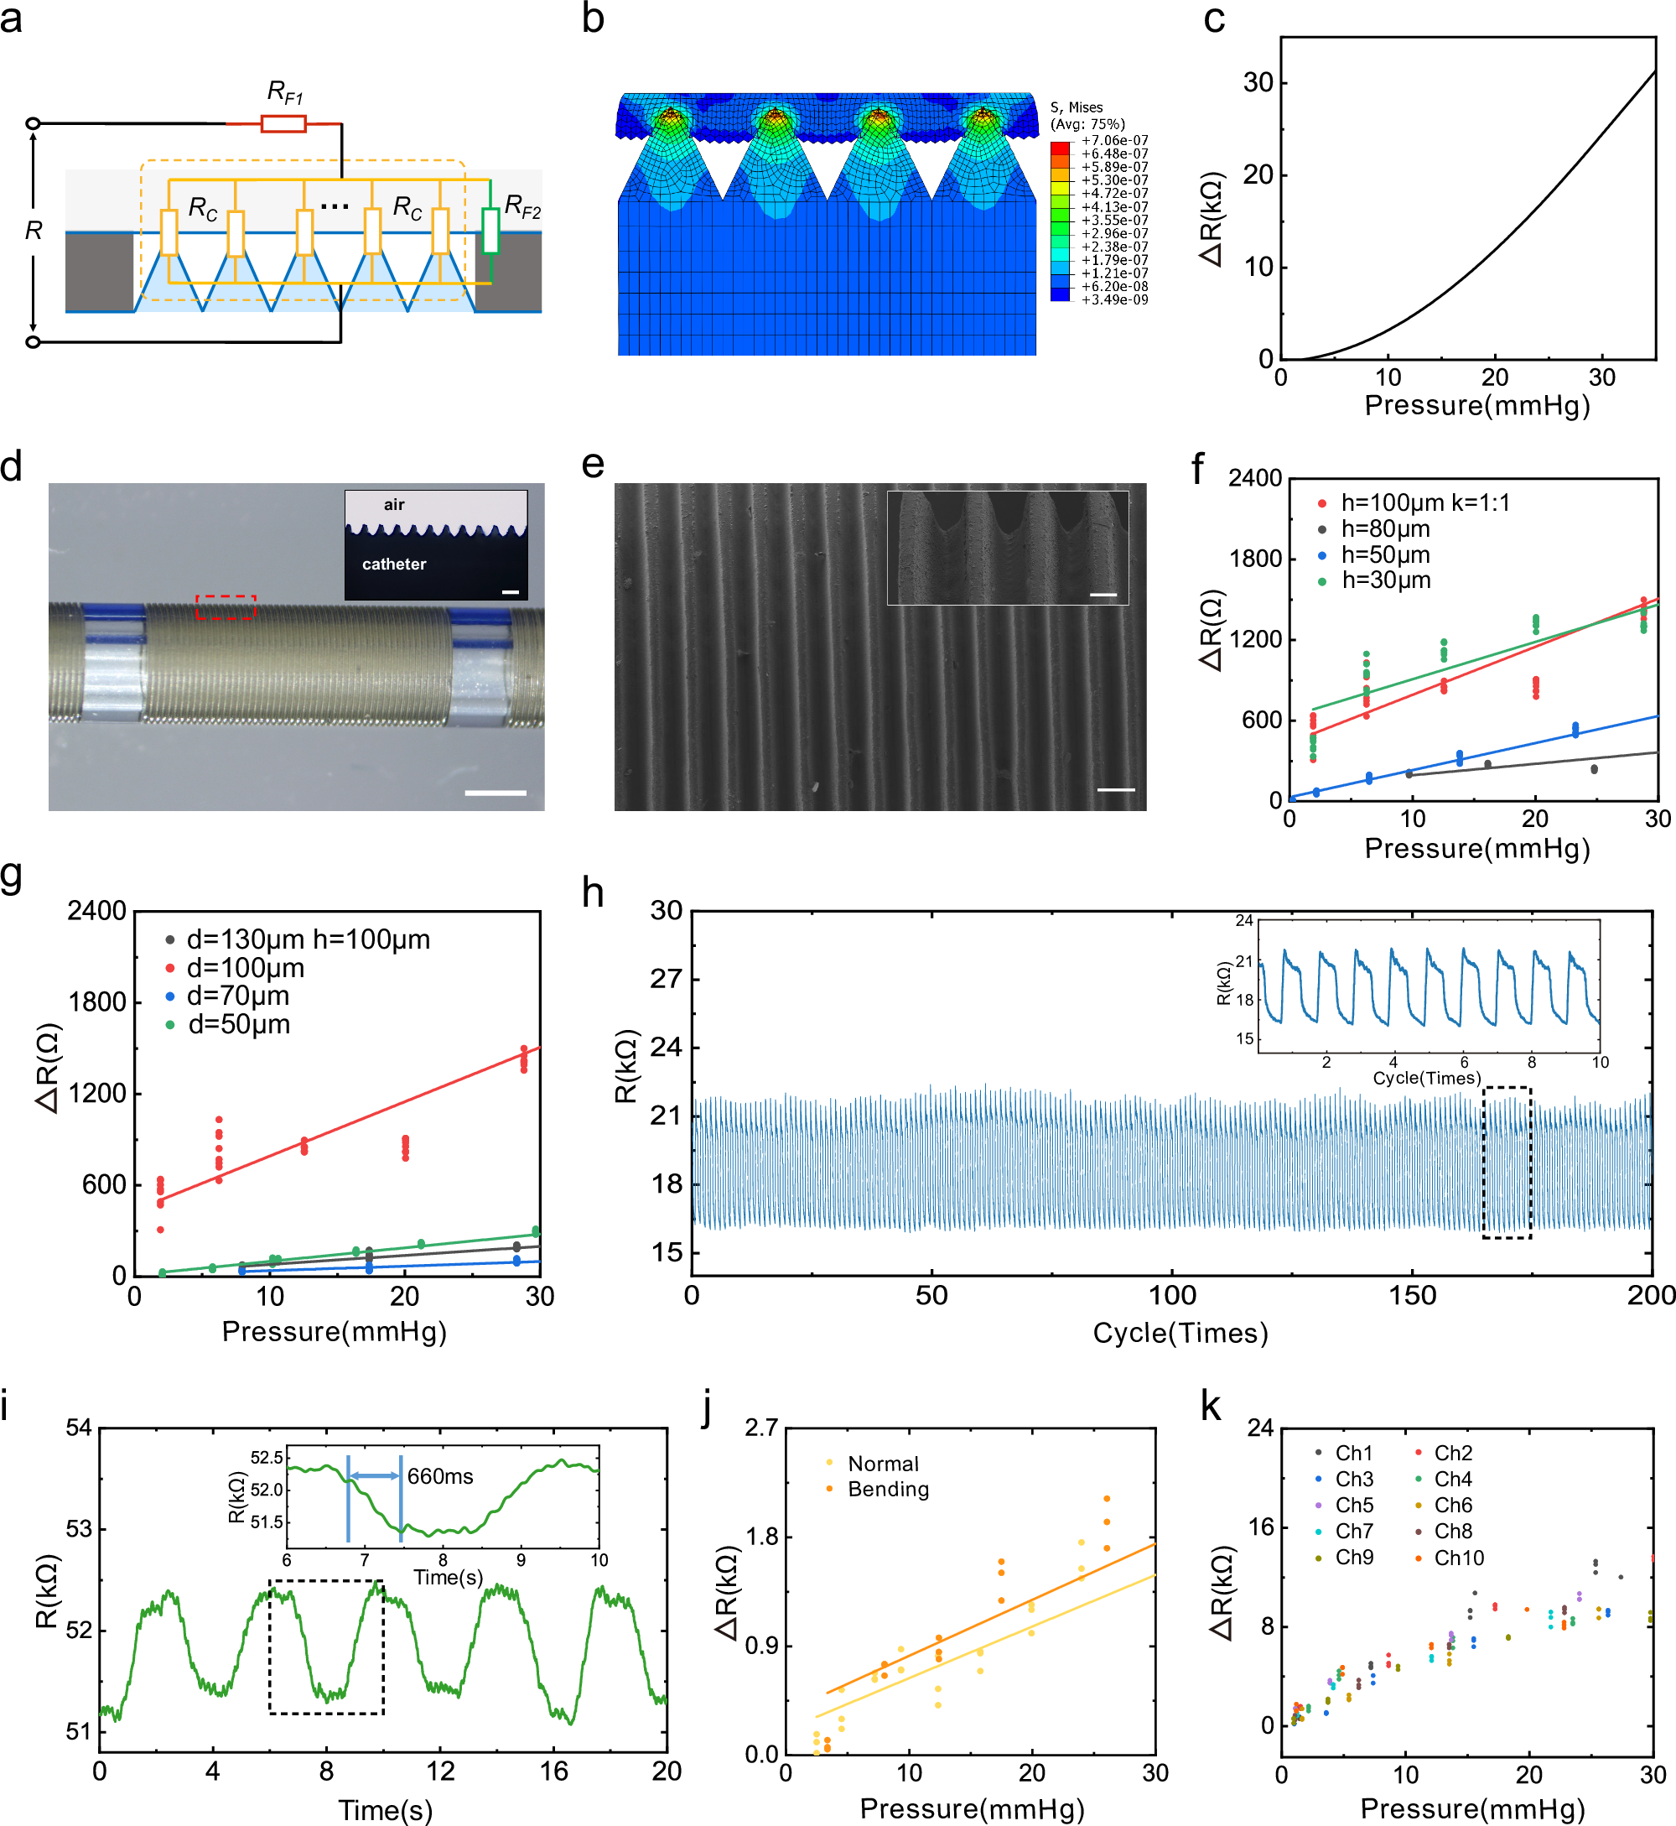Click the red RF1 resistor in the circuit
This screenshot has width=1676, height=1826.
coord(283,123)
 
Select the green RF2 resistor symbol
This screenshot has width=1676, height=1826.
coord(490,231)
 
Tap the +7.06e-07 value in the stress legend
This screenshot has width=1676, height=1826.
coord(1114,141)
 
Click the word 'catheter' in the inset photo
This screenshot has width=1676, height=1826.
coord(393,564)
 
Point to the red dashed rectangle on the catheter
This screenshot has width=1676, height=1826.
coord(226,607)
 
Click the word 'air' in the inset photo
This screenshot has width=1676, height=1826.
coord(393,505)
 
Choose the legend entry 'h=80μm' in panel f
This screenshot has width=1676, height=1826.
coord(1385,528)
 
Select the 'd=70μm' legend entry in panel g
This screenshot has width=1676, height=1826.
coord(237,996)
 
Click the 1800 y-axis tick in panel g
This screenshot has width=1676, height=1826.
coord(97,1002)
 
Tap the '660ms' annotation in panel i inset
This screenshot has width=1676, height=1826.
coord(440,1477)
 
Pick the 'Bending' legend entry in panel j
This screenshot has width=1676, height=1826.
coord(888,1490)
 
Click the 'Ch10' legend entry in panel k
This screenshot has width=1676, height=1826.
coord(1458,1558)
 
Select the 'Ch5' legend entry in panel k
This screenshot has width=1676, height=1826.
coord(1354,1506)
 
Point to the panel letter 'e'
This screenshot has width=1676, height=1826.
coord(592,465)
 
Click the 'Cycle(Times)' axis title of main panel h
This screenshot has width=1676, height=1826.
coord(1180,1334)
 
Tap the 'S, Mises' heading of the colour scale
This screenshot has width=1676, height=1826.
coord(1077,107)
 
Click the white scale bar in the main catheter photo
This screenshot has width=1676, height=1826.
coord(496,793)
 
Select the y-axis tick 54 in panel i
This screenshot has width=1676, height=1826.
coord(79,1428)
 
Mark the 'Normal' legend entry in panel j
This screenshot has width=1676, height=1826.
coord(883,1464)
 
